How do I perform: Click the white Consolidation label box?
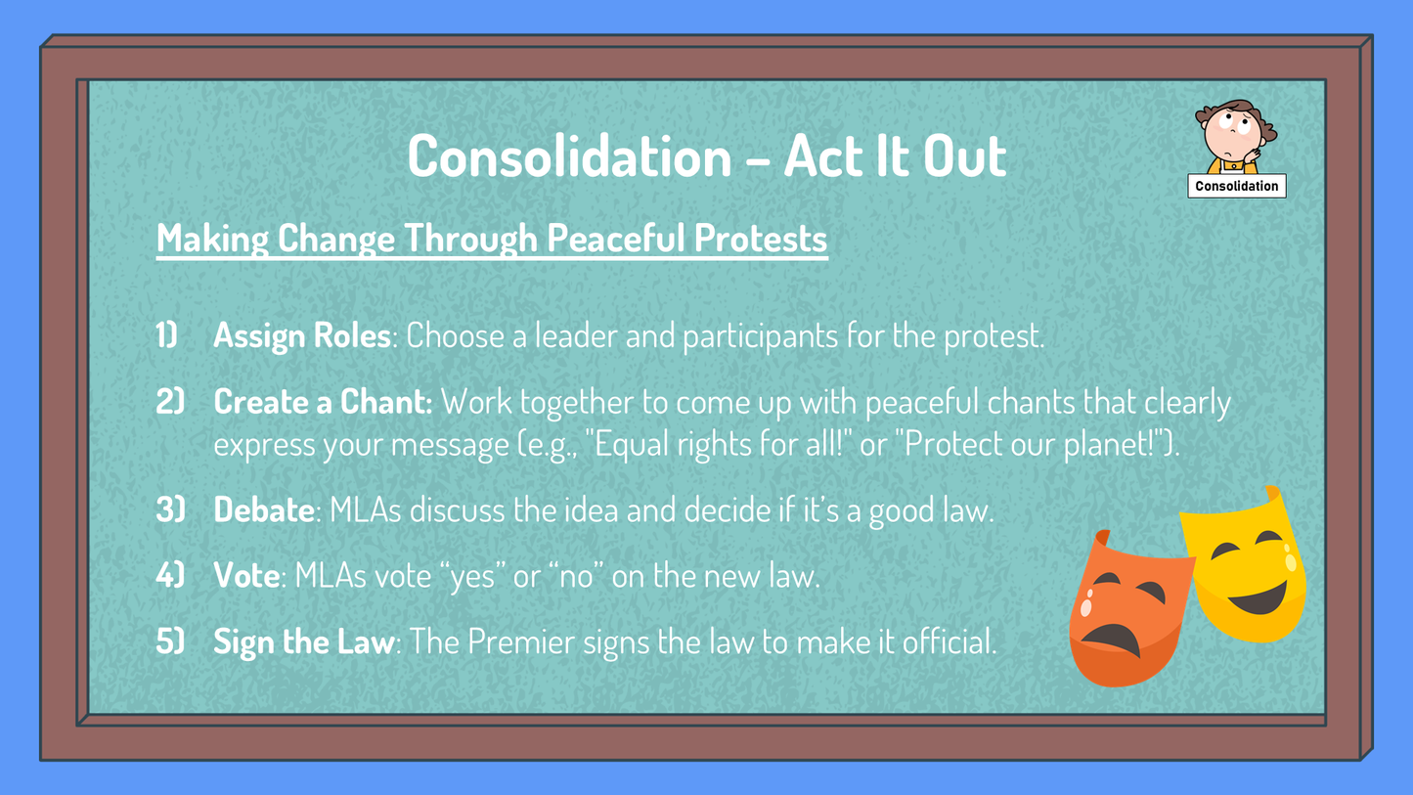[x=1236, y=186]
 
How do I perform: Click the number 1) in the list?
[x=167, y=334]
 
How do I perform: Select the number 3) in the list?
[x=170, y=509]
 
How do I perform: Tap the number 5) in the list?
[x=170, y=641]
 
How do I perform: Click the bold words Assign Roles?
[x=302, y=335]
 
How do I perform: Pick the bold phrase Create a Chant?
[x=323, y=401]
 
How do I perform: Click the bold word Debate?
[x=264, y=509]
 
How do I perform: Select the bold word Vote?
[x=246, y=575]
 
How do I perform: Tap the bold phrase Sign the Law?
[x=304, y=642]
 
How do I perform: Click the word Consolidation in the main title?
[x=570, y=156]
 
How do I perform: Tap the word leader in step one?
[x=576, y=335]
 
